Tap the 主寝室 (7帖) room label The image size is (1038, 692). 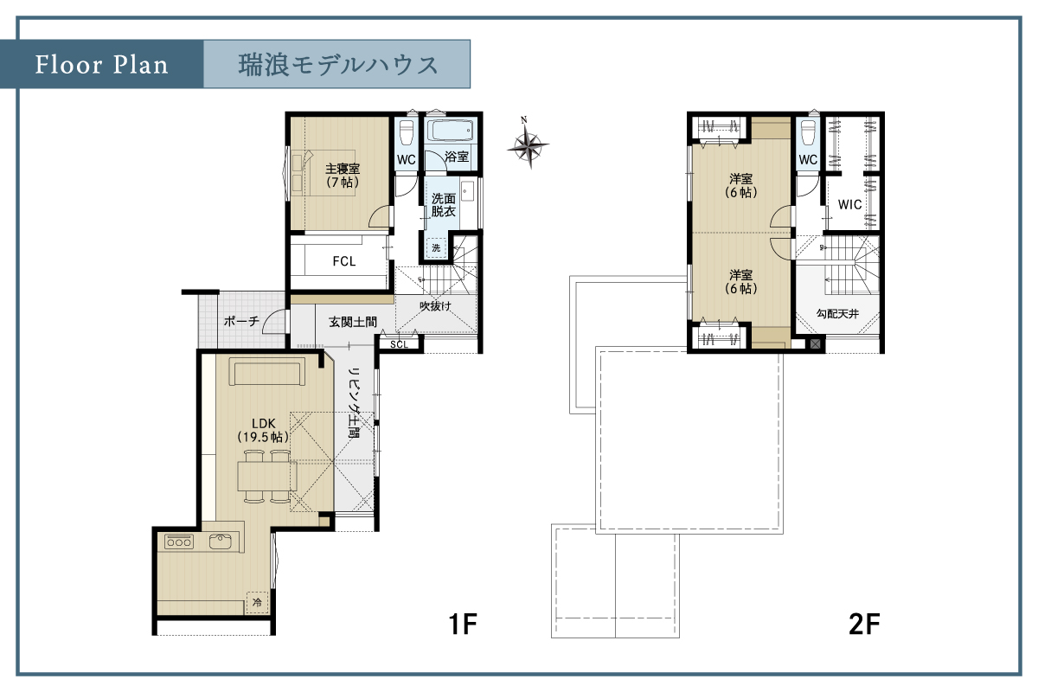343,176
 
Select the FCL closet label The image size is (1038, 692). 344,261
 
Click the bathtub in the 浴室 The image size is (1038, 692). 450,131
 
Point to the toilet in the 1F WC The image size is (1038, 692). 407,133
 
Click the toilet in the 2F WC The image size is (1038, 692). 808,133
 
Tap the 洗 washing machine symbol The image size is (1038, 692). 436,248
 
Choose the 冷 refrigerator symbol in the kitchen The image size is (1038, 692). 257,603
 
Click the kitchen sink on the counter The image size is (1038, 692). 221,541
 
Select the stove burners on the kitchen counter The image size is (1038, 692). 179,541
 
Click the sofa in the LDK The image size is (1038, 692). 267,372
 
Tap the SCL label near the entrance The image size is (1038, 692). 399,344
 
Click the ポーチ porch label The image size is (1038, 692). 241,321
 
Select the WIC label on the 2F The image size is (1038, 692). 849,204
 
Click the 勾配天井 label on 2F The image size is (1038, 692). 837,314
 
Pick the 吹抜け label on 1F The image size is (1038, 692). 436,306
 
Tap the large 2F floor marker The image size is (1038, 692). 865,624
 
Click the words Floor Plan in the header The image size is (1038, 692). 101,64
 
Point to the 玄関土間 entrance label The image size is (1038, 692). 353,322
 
